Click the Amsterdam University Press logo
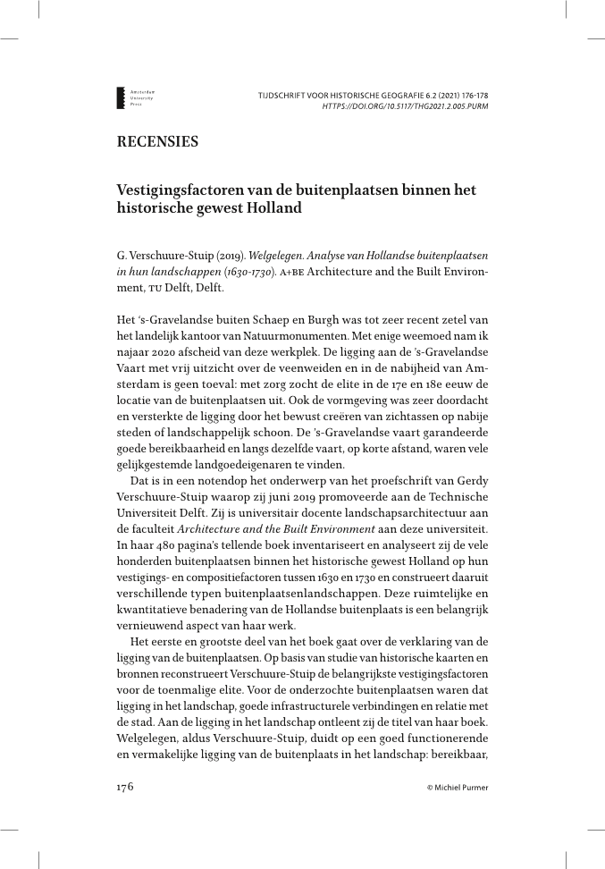129,98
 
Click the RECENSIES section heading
157,142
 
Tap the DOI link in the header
405,105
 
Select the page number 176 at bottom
125,787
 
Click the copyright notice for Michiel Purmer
458,788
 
